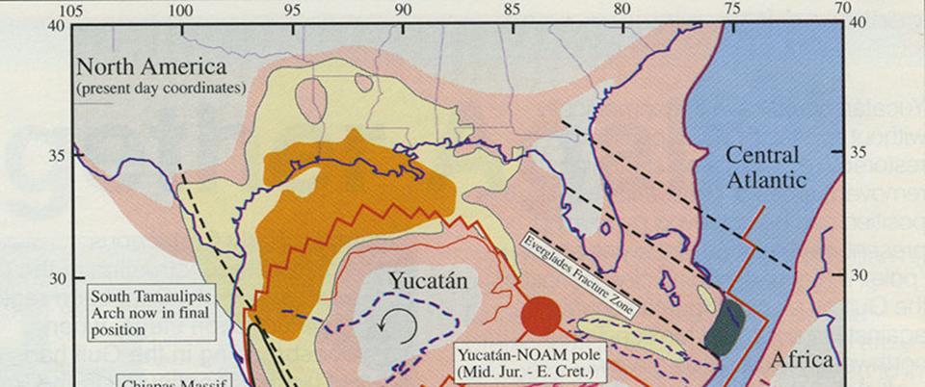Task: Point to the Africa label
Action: tap(801, 360)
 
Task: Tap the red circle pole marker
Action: tap(541, 315)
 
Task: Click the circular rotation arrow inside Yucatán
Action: tap(398, 326)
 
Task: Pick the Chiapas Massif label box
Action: tap(173, 381)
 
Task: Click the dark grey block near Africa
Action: tap(726, 326)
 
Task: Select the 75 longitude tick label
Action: tap(733, 9)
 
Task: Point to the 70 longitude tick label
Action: tap(844, 9)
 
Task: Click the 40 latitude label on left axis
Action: tap(53, 26)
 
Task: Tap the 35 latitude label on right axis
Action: tap(860, 152)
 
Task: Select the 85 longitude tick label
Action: tap(513, 9)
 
